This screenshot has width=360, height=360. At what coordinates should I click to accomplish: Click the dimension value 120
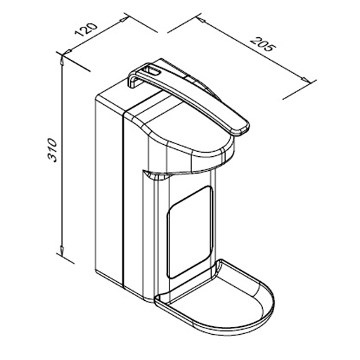point(86,30)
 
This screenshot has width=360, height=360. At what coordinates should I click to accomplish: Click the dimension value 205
point(262,44)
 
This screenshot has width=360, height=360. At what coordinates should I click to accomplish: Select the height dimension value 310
point(52,150)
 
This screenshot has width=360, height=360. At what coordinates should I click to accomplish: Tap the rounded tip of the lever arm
point(241,129)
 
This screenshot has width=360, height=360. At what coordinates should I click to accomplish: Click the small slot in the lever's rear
point(152,71)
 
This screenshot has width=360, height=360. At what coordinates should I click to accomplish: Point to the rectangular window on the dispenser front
point(190,232)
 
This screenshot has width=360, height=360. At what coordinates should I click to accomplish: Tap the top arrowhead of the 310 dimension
point(62,60)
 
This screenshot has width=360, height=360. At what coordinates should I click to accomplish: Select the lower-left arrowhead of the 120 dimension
point(67,51)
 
